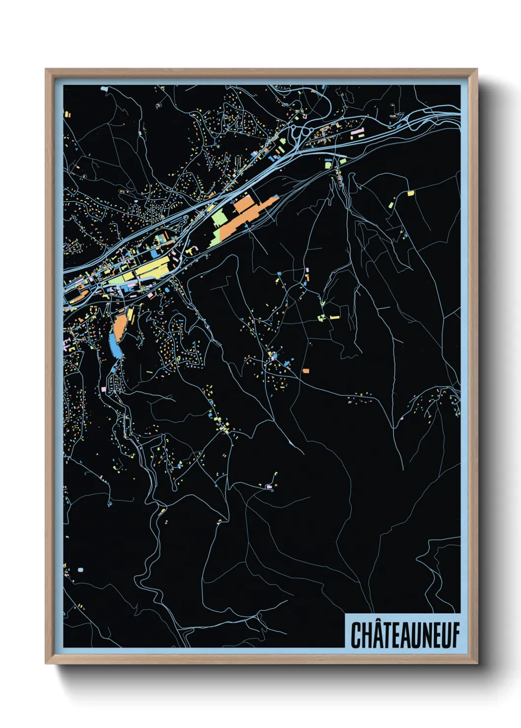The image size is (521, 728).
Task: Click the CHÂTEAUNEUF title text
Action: click(404, 635)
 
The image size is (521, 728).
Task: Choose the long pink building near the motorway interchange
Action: click(358, 132)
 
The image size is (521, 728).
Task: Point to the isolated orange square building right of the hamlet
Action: click(306, 370)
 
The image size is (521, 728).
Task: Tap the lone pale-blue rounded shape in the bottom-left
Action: click(80, 570)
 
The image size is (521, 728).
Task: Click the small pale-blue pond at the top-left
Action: click(103, 89)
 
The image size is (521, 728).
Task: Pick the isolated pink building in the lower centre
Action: click(269, 486)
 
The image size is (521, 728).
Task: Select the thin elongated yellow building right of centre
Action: click(335, 317)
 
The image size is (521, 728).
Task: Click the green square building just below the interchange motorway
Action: click(328, 165)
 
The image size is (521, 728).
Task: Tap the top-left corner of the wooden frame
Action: click(46, 69)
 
